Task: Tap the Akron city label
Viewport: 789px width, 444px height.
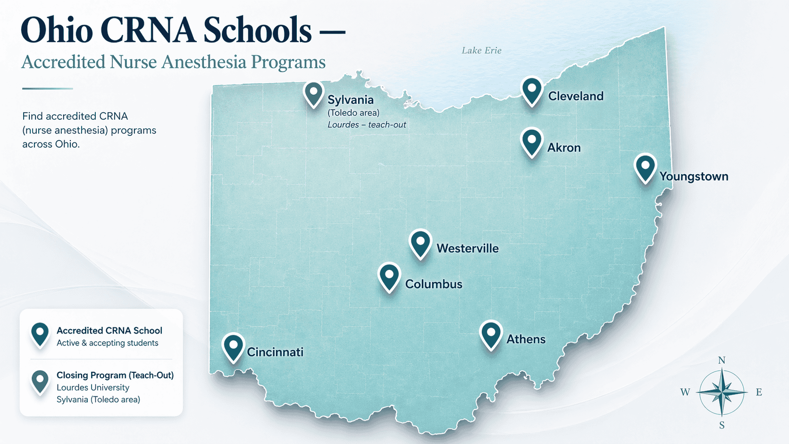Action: [x=564, y=148]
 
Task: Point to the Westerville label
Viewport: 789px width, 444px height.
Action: [x=467, y=248]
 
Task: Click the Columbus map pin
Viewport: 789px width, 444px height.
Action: [x=389, y=276]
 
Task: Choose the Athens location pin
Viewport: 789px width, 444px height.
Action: [x=491, y=334]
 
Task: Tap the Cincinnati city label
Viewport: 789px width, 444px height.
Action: [x=275, y=352]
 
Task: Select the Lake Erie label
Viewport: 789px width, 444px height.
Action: [x=481, y=50]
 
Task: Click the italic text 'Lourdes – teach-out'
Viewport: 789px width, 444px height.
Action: [x=367, y=125]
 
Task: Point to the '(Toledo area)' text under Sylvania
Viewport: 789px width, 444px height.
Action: [x=353, y=113]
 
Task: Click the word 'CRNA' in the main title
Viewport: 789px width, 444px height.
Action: [x=148, y=31]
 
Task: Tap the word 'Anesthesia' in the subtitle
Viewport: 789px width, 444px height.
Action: [x=202, y=62]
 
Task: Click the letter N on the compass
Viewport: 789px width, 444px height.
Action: [x=722, y=360]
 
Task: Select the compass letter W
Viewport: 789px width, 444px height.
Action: [x=685, y=392]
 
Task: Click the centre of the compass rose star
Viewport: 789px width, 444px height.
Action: [x=722, y=392]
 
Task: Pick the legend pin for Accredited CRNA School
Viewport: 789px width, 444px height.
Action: [x=40, y=334]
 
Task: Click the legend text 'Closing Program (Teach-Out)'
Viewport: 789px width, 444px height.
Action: [x=115, y=375]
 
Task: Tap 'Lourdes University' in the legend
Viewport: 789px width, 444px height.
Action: [x=93, y=387]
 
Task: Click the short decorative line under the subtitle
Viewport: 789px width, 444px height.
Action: [x=47, y=88]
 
